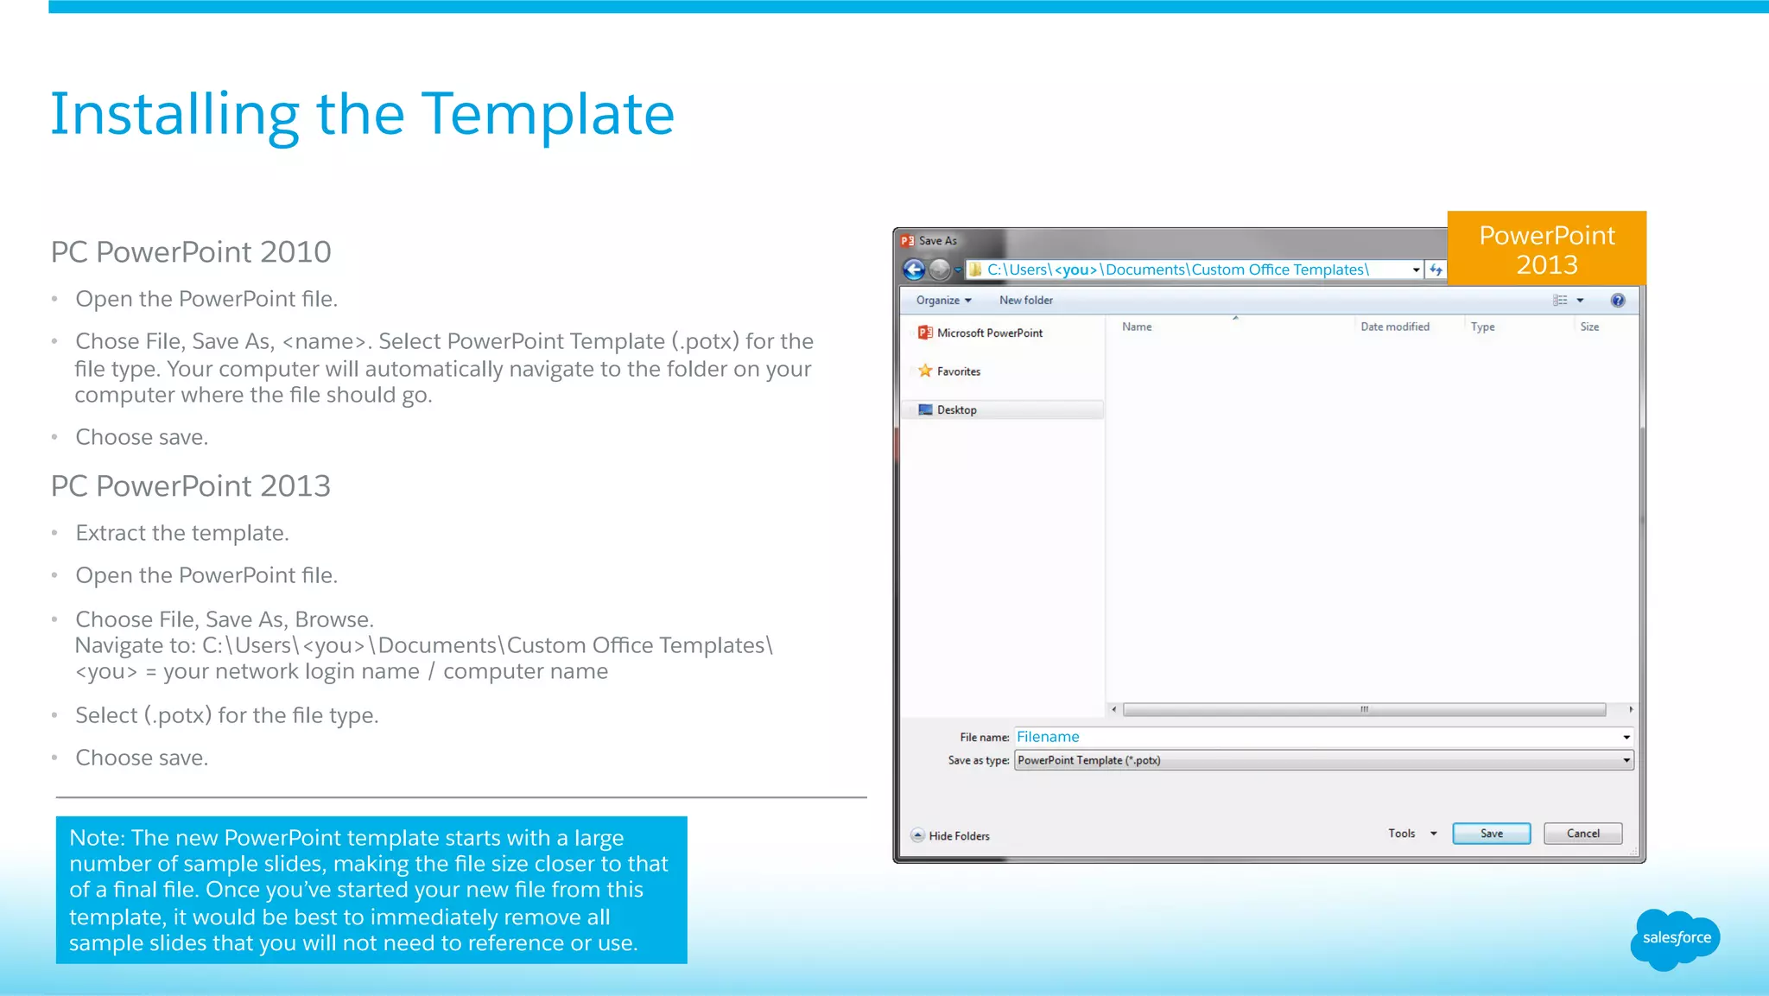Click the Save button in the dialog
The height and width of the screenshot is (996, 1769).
point(1491,834)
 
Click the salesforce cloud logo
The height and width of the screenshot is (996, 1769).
point(1675,938)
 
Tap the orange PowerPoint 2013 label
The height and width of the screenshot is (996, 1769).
point(1546,249)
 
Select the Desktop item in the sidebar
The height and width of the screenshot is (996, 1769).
point(956,410)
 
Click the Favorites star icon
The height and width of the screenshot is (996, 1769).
point(925,371)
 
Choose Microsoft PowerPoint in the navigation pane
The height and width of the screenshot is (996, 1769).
point(989,333)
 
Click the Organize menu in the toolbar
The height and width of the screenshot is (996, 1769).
point(943,301)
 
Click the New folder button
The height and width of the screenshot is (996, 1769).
point(1025,301)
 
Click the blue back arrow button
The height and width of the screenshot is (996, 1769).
point(914,270)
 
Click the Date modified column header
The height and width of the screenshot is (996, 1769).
point(1394,327)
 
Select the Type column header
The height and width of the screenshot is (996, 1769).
point(1482,327)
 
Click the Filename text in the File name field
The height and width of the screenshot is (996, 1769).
point(1048,737)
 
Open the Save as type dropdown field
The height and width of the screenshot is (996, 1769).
point(1322,761)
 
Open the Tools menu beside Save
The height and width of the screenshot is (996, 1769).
point(1411,834)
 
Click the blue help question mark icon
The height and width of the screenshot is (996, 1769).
point(1617,301)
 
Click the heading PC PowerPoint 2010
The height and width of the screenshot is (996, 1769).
point(191,252)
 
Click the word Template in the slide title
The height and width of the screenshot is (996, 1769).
point(548,114)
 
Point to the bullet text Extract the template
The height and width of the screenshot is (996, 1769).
point(181,533)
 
